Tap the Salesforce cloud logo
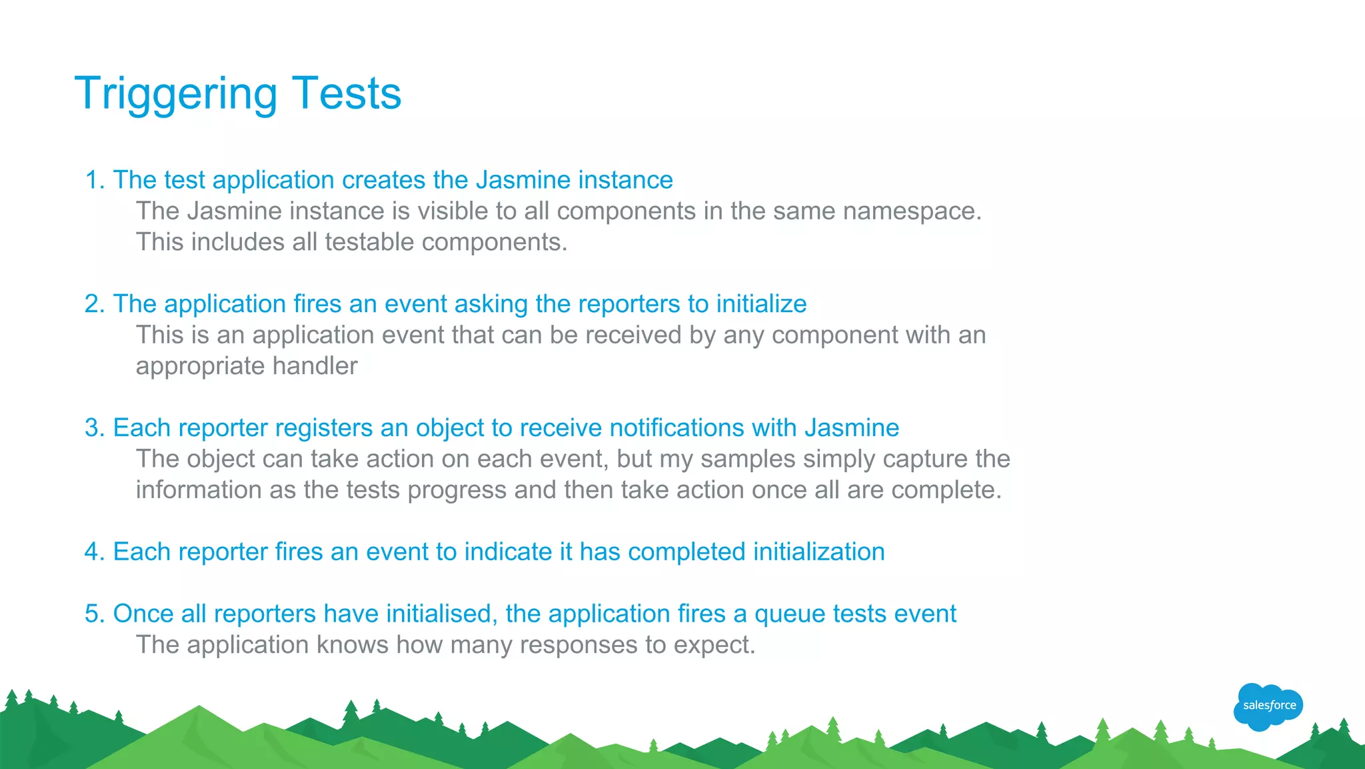coord(1268,706)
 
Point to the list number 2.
coord(94,304)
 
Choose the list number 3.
coord(94,428)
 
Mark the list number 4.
coord(94,552)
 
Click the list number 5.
coord(94,614)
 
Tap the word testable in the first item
coord(369,242)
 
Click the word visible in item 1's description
coord(453,211)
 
